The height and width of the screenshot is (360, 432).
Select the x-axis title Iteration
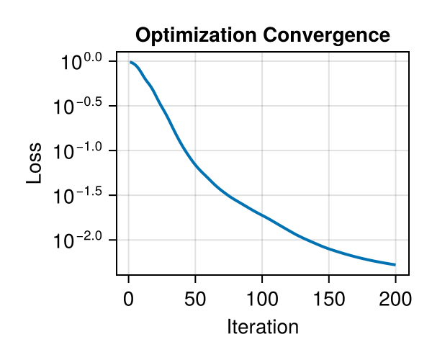click(262, 327)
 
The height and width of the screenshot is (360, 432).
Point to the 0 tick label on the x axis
click(129, 297)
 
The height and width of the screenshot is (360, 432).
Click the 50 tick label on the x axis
click(195, 297)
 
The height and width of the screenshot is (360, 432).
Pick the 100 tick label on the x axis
click(262, 297)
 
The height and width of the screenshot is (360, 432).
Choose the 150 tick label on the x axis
click(329, 297)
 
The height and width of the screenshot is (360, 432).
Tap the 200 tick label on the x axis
click(395, 297)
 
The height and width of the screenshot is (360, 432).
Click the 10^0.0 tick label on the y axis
click(84, 63)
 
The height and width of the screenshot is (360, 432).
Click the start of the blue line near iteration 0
click(130, 62)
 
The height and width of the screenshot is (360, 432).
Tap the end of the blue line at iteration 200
click(395, 264)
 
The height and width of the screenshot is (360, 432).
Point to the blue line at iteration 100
click(262, 215)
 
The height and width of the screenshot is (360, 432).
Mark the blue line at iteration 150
click(329, 248)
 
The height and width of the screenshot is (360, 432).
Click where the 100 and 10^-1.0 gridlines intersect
click(262, 150)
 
